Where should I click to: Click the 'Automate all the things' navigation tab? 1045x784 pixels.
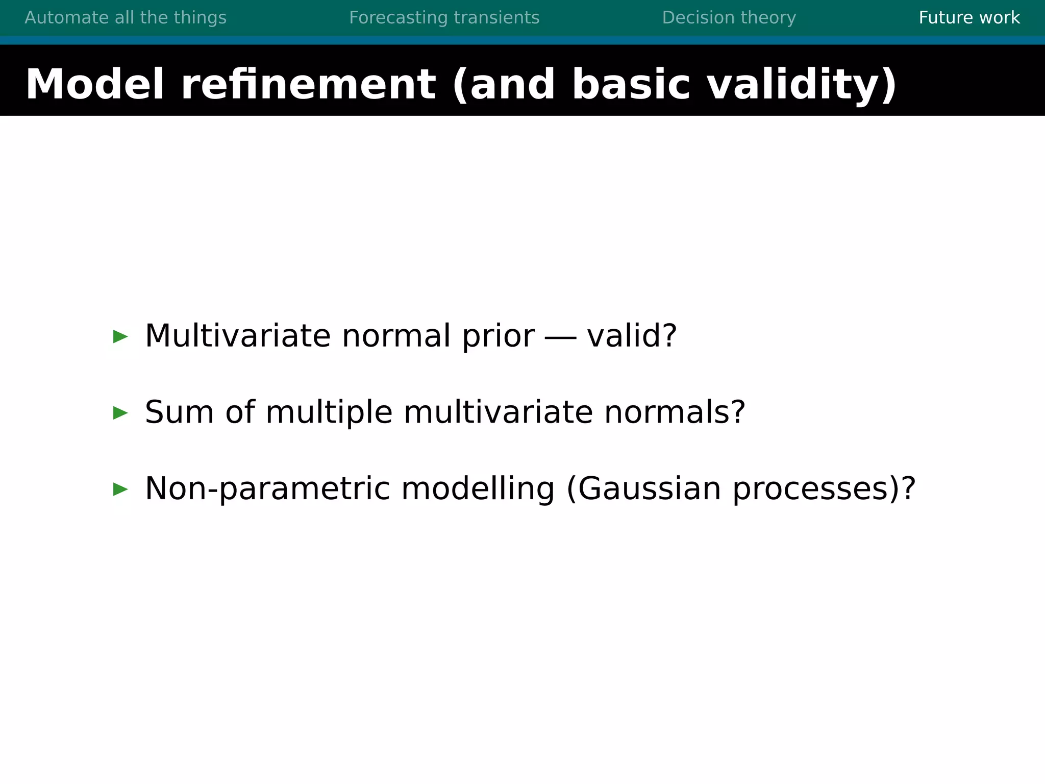pyautogui.click(x=126, y=18)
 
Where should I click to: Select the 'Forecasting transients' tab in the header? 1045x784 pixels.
pyautogui.click(x=444, y=18)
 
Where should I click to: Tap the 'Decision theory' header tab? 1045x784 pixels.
pyautogui.click(x=729, y=18)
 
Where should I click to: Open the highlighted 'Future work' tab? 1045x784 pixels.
pyautogui.click(x=969, y=18)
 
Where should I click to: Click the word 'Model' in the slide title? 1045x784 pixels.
pyautogui.click(x=95, y=84)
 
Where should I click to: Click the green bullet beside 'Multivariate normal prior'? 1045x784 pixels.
pyautogui.click(x=120, y=336)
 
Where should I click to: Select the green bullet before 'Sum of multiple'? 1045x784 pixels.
pyautogui.click(x=120, y=413)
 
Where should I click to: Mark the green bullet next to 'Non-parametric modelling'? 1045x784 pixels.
pyautogui.click(x=120, y=489)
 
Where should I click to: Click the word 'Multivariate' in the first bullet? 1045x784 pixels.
pyautogui.click(x=238, y=336)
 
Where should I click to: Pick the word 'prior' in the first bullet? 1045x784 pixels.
pyautogui.click(x=498, y=337)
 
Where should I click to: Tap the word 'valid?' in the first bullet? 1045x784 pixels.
pyautogui.click(x=632, y=336)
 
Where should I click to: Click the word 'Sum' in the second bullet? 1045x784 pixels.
pyautogui.click(x=179, y=412)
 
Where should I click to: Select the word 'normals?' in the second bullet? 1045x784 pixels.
pyautogui.click(x=675, y=412)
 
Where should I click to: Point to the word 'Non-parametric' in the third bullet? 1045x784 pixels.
pyautogui.click(x=267, y=489)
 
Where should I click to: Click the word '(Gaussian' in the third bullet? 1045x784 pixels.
pyautogui.click(x=644, y=489)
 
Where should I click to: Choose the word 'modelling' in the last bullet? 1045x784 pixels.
pyautogui.click(x=478, y=489)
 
